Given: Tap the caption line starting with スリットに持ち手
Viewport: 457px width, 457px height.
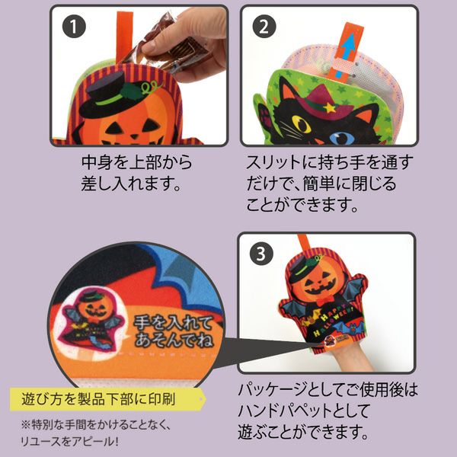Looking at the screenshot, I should (x=330, y=163).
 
